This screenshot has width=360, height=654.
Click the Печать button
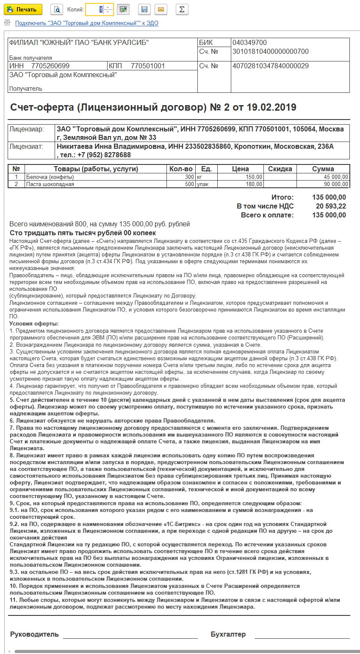23,9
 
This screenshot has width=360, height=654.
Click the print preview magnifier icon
57,9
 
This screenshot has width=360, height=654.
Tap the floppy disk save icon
144,9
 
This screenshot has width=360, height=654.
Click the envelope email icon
161,9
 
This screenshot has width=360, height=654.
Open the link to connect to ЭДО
86,23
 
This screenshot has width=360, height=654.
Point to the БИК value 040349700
249,43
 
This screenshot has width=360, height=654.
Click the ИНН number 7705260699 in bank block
50,66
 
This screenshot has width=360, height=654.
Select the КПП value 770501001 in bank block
147,66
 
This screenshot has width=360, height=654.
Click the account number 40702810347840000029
270,66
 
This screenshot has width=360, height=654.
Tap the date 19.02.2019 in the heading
271,107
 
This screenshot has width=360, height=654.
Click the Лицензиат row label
26,147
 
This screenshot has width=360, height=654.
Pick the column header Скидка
280,169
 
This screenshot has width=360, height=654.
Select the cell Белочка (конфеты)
50,177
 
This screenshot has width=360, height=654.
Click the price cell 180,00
254,184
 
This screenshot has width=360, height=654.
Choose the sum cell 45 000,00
335,177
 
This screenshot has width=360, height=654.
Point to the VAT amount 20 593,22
331,206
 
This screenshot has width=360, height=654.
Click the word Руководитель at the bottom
34,634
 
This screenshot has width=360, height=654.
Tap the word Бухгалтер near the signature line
228,634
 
